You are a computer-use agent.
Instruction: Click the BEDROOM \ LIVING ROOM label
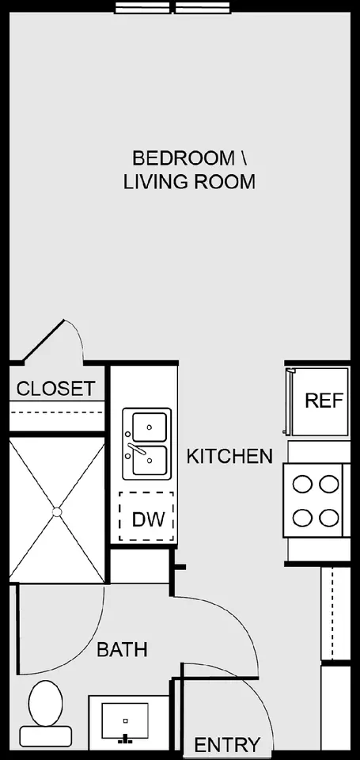point(189,169)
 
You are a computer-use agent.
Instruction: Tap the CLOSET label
point(55,388)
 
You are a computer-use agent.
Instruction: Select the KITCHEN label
point(229,456)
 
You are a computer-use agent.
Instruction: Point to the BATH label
point(122,649)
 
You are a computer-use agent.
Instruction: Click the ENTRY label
point(227,744)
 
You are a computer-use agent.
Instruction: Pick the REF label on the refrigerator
point(324,401)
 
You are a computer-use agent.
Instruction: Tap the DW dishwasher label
point(146,519)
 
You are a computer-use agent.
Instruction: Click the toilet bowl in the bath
point(46,702)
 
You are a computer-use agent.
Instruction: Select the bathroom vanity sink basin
point(125,720)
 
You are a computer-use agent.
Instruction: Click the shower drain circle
point(57,512)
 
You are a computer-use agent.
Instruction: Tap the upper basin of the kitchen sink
point(150,427)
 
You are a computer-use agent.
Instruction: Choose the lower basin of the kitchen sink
point(150,461)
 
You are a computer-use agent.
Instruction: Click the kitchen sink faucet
point(136,448)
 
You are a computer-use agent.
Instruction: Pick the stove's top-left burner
point(302,484)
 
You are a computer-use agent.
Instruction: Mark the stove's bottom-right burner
point(329,517)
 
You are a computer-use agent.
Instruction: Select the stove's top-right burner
point(329,484)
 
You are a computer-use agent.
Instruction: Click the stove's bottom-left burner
point(302,517)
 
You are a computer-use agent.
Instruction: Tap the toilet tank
point(46,735)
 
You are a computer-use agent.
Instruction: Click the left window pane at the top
point(142,8)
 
